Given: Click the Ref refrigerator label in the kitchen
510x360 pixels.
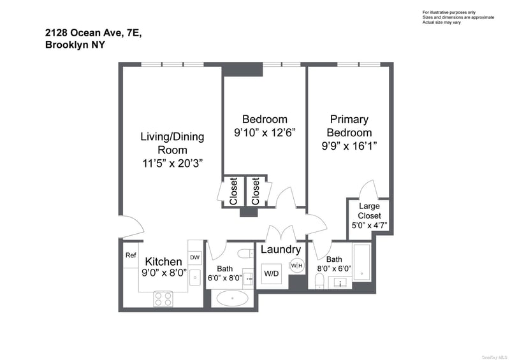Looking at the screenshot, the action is click(131, 256).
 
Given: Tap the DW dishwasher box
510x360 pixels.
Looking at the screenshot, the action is click(195, 257).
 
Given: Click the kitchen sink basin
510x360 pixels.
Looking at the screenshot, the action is click(195, 277).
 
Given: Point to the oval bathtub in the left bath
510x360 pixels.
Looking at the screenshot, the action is click(232, 298).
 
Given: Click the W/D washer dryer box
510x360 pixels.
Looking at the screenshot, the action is click(272, 273).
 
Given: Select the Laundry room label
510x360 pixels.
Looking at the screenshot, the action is click(280, 249).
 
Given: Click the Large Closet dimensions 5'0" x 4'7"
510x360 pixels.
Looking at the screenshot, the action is click(369, 226).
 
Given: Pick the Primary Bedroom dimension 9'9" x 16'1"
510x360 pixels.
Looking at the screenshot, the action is click(349, 146).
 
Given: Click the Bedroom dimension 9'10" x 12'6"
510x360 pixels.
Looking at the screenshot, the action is click(265, 133).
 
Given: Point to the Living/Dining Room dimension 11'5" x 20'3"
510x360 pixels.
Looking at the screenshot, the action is click(172, 163).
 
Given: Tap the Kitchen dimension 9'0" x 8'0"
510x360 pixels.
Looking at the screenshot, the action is click(164, 273).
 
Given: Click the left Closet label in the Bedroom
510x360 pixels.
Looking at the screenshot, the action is click(233, 191).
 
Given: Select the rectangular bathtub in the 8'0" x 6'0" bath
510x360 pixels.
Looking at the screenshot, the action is click(361, 263).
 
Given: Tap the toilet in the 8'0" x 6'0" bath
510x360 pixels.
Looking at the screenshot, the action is click(320, 281).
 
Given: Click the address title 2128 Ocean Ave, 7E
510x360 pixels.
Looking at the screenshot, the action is click(93, 33).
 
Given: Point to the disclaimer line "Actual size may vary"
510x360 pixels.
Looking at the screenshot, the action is click(441, 22).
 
